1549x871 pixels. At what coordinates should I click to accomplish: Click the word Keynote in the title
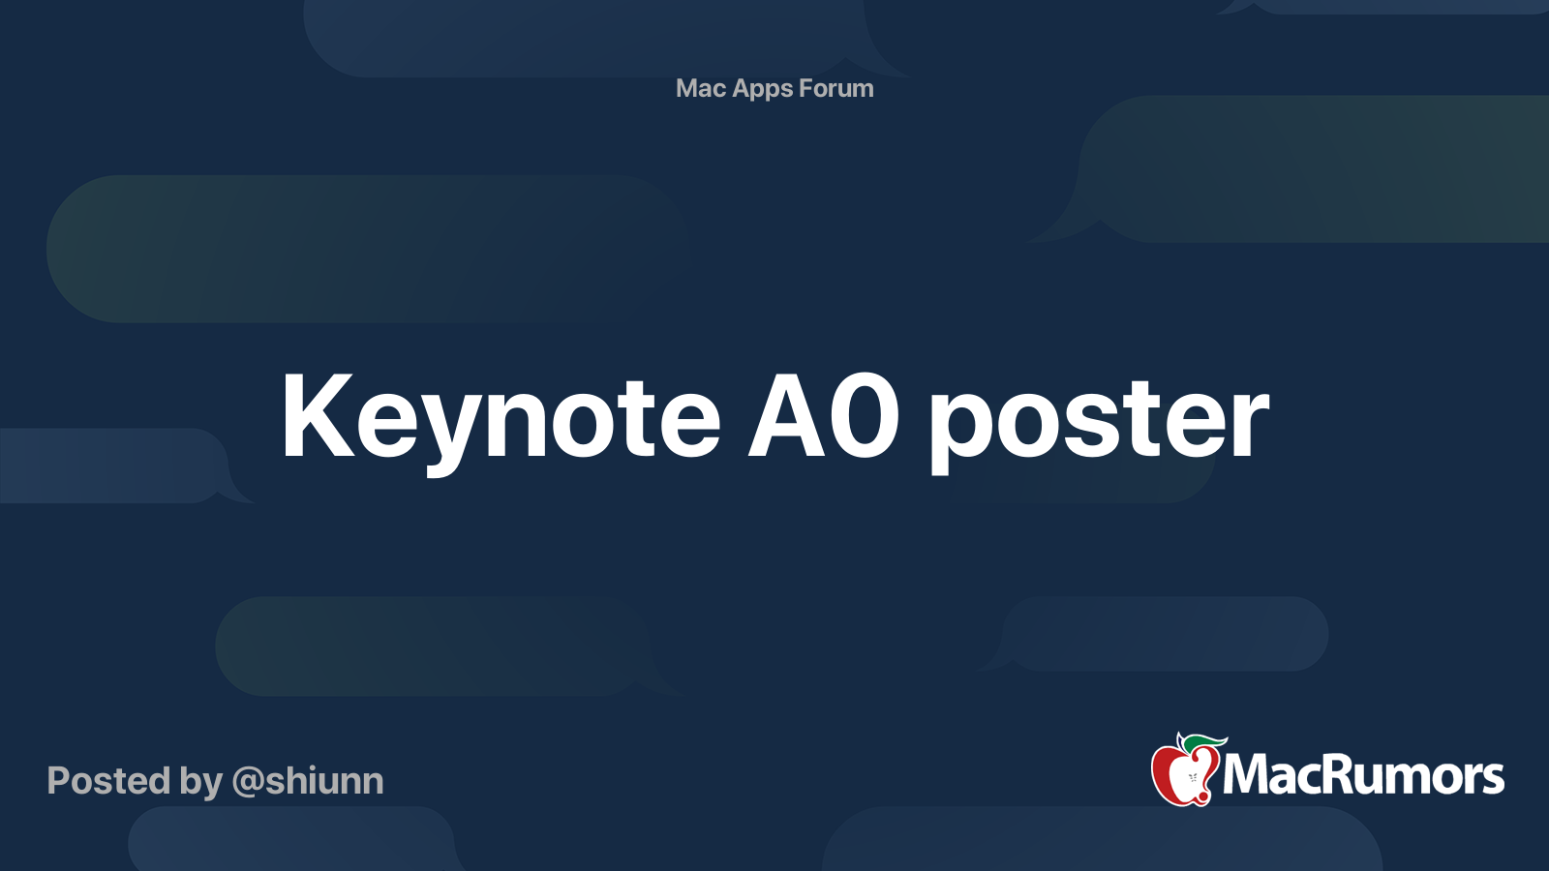coord(501,418)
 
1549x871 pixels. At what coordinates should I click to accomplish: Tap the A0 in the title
coord(824,418)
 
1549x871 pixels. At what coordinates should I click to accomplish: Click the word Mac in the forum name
coord(701,88)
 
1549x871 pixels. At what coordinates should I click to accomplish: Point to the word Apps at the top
coord(763,89)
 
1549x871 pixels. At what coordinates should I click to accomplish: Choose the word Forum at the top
coord(836,88)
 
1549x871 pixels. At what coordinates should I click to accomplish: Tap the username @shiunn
coord(308,781)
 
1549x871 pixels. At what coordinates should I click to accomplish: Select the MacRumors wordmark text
coord(1363,775)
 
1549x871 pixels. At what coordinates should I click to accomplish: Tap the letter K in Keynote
coord(314,416)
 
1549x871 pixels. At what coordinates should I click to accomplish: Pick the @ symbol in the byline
coord(248,782)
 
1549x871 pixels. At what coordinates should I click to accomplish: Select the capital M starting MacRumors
coord(1250,774)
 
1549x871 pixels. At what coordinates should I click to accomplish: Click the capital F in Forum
coord(805,88)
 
